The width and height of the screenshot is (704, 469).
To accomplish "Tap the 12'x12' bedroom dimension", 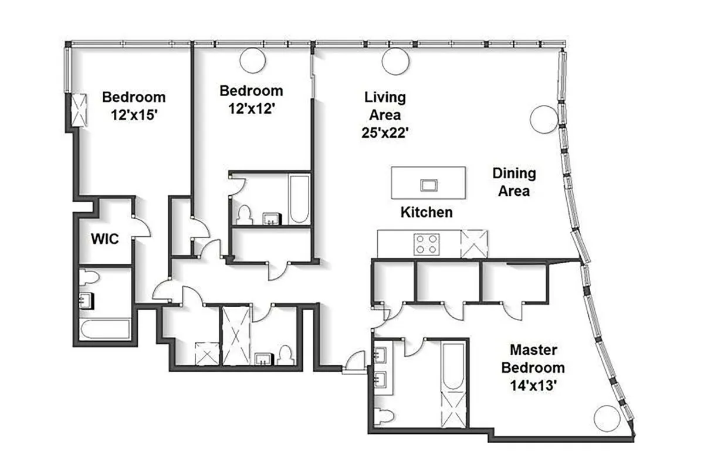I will pos(251,109).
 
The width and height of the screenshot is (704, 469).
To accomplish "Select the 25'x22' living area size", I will pos(385,132).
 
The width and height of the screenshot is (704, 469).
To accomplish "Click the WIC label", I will pos(104,239).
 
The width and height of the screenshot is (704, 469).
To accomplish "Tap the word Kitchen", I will pos(427,212).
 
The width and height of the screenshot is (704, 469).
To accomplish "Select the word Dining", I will pos(514,174).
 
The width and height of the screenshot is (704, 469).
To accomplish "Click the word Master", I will pos(533,350).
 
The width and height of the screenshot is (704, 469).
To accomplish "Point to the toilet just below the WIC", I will pos(88,277).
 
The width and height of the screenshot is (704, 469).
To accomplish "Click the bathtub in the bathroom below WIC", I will pos(106,329).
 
